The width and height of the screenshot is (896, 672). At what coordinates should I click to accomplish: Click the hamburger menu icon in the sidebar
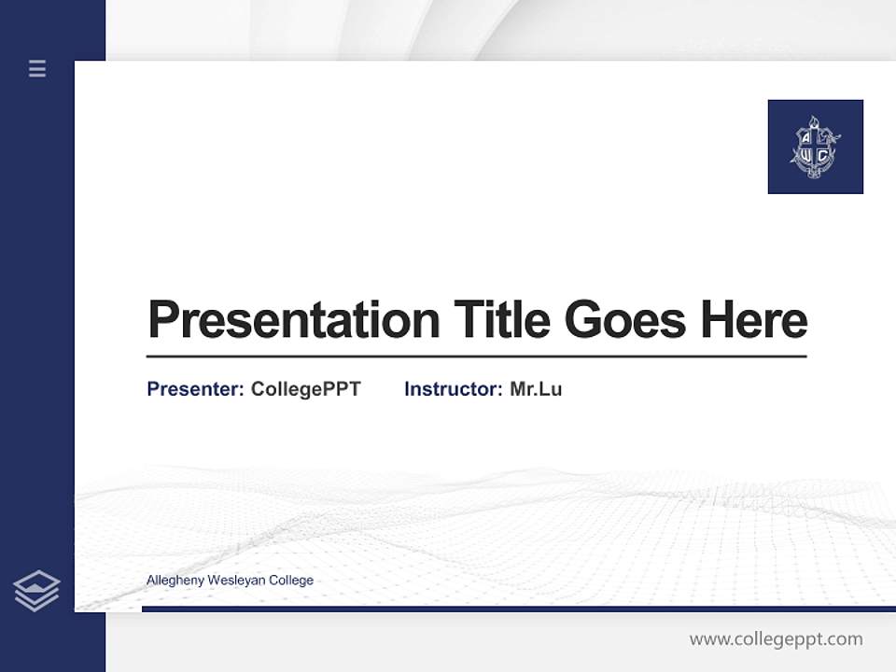(x=37, y=68)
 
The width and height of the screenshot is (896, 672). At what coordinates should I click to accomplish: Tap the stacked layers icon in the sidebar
(x=36, y=591)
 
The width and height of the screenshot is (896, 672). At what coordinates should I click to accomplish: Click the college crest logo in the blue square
(x=815, y=147)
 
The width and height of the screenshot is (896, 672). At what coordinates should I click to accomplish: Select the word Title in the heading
(x=501, y=319)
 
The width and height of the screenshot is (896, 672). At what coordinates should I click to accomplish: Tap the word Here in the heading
(x=754, y=319)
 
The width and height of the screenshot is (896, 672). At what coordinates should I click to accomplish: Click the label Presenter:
(x=195, y=389)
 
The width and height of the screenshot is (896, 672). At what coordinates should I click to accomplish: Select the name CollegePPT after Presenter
(x=305, y=389)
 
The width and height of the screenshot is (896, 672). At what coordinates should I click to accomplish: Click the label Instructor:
(x=453, y=389)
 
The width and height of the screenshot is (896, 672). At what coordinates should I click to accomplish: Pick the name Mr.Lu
(x=536, y=389)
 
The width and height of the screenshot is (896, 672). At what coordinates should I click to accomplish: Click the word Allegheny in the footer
(x=175, y=581)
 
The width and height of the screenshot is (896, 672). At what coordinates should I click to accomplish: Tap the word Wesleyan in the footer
(x=236, y=581)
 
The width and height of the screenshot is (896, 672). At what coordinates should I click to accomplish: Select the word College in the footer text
(x=291, y=581)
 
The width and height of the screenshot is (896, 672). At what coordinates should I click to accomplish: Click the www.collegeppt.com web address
(x=776, y=639)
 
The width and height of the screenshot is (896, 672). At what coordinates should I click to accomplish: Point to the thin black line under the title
(x=476, y=356)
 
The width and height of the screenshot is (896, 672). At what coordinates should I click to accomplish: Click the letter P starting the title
(x=163, y=319)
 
